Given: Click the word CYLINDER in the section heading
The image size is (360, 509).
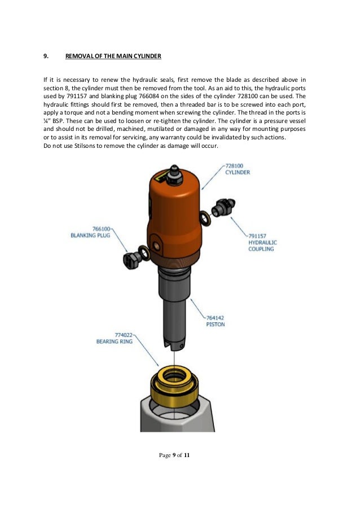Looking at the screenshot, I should pyautogui.click(x=148, y=56).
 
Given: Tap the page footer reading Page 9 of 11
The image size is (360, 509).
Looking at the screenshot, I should pyautogui.click(x=175, y=455).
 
